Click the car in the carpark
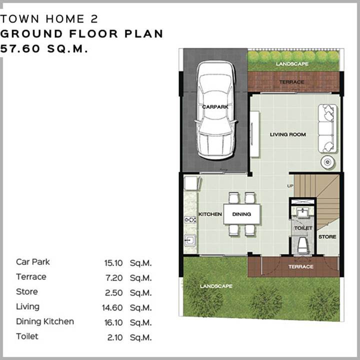point(215,109)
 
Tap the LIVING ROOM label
point(287,134)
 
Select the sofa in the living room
point(327,128)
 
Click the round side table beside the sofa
point(327,162)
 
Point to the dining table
point(242,214)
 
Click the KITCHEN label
point(210,214)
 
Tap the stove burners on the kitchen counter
point(190,220)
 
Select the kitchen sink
point(190,240)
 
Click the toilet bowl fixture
point(303,245)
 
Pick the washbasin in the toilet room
point(303,212)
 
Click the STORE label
point(327,236)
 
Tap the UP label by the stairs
point(290,185)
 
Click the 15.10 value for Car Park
point(113,263)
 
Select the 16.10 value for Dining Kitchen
point(113,322)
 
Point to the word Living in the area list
point(28,307)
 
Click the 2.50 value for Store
point(113,292)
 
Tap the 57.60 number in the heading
point(20,48)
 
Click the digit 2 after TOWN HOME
point(94,19)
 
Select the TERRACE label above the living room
point(291,82)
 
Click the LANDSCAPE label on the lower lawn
point(216,286)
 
